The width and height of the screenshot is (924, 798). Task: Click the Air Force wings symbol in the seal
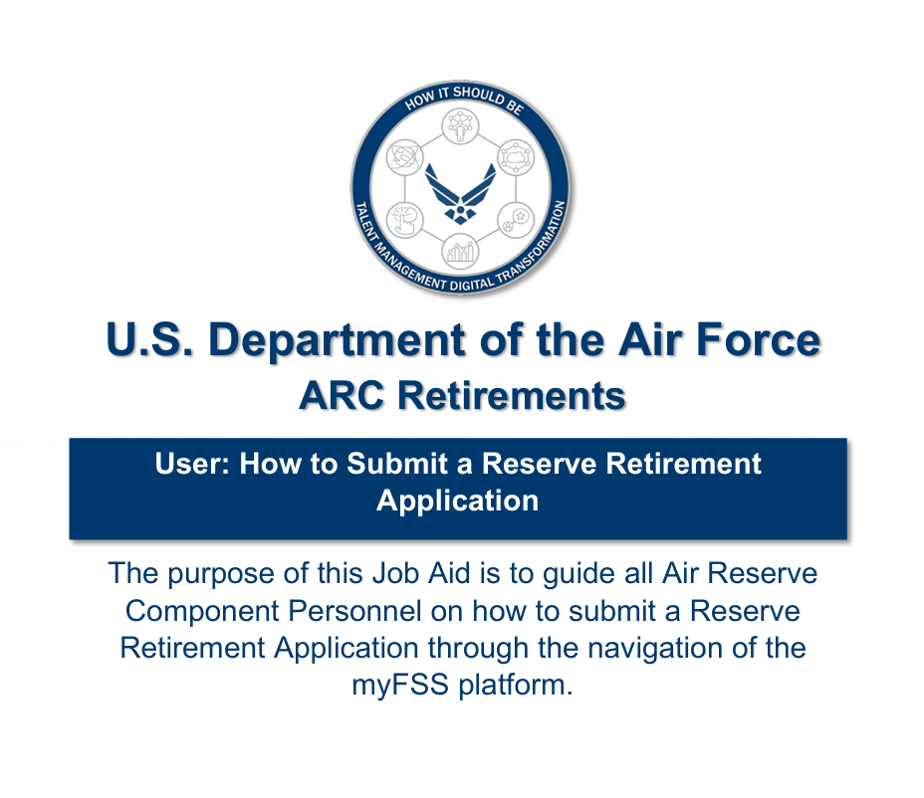pyautogui.click(x=460, y=194)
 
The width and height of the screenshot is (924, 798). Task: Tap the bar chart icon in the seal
pyautogui.click(x=460, y=251)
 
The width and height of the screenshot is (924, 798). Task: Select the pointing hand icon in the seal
pyautogui.click(x=405, y=220)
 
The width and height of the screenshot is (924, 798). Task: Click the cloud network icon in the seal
pyautogui.click(x=516, y=157)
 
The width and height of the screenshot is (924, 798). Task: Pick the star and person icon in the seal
pyautogui.click(x=516, y=220)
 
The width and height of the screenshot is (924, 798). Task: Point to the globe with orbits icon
pyautogui.click(x=405, y=157)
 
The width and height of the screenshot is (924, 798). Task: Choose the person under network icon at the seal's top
pyautogui.click(x=460, y=126)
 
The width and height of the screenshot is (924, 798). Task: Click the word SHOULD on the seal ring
pyautogui.click(x=477, y=96)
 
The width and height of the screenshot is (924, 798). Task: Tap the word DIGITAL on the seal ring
pyautogui.click(x=471, y=285)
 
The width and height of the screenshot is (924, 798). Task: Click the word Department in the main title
pyautogui.click(x=338, y=340)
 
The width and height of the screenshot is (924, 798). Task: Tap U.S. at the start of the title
pyautogui.click(x=149, y=339)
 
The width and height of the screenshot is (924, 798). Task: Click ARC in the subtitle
pyautogui.click(x=342, y=395)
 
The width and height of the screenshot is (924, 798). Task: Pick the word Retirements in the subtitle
pyautogui.click(x=512, y=395)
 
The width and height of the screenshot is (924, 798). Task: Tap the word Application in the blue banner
pyautogui.click(x=457, y=501)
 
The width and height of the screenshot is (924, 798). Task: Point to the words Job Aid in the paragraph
pyautogui.click(x=421, y=573)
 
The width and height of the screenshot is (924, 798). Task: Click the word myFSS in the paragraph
pyautogui.click(x=400, y=685)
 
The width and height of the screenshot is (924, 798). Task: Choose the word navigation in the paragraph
pyautogui.click(x=655, y=648)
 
